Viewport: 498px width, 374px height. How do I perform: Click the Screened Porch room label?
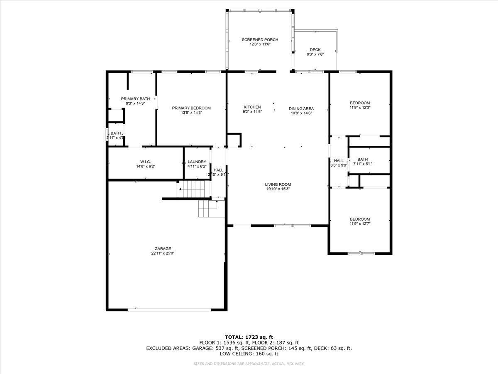pos(260,40)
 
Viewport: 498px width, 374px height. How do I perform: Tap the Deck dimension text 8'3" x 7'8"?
pos(315,54)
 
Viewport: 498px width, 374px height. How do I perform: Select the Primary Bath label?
pos(135,99)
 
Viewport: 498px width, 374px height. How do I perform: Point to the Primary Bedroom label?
pos(191,108)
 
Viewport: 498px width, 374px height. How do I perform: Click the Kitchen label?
pos(252,107)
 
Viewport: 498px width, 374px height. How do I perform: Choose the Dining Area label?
pos(301,109)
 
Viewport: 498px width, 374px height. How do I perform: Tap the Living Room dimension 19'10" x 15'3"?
pos(278,189)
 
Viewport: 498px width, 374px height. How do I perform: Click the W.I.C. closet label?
pos(146,162)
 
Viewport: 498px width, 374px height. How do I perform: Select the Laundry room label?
pos(197,162)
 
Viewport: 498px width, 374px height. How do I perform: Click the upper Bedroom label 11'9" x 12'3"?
pos(360,103)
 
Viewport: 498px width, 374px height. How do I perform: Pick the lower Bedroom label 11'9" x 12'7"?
pos(360,219)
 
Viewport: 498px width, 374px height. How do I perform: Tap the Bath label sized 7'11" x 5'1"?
pos(363,159)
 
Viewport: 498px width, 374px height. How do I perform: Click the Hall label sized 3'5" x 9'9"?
pos(339,161)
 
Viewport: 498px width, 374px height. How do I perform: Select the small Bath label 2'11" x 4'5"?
pos(116,133)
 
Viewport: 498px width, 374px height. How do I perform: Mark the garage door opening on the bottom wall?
pos(169,309)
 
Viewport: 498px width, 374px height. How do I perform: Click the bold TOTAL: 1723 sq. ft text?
pos(249,337)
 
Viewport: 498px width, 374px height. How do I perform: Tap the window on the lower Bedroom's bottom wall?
pos(361,253)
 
